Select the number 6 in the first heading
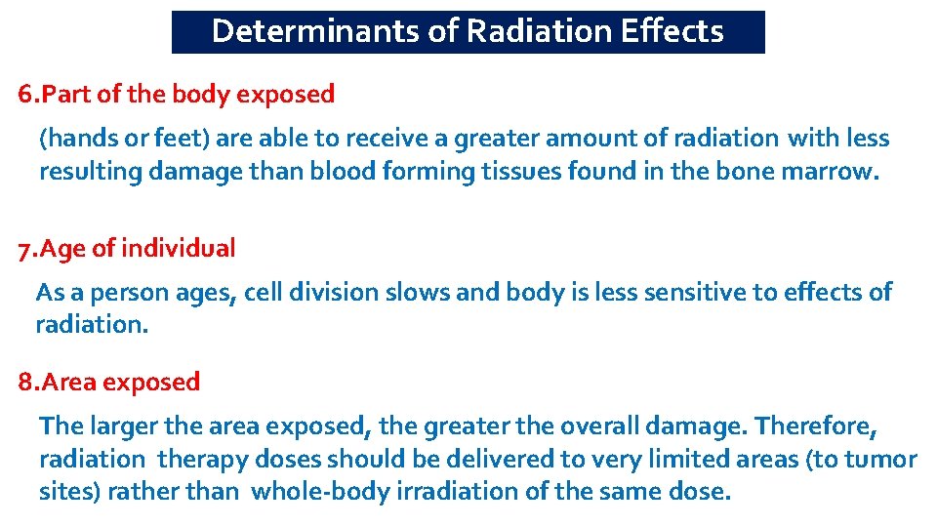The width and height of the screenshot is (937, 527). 24,95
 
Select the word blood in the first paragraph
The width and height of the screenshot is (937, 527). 343,172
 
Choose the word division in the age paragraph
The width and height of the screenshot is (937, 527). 333,292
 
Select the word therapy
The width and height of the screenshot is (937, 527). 202,459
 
